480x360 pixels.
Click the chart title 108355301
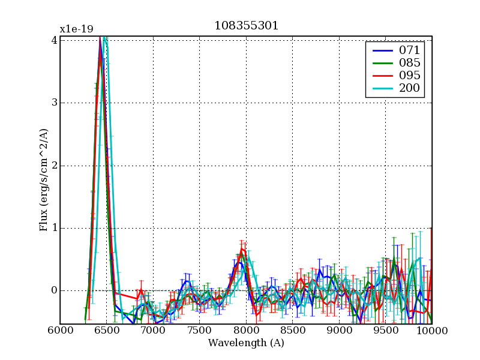[246, 26]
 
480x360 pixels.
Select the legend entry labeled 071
[409, 50]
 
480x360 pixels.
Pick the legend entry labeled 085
[409, 62]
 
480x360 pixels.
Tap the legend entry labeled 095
[409, 76]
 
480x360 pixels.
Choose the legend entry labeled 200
[409, 89]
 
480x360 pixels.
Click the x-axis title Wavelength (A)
[246, 343]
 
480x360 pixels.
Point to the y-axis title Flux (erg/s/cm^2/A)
[44, 180]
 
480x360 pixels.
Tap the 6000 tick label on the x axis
[60, 331]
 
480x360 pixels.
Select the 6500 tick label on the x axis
[106, 331]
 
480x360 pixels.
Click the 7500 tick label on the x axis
[199, 331]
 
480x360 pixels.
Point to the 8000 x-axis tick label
[246, 331]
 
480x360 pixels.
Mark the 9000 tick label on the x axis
[339, 331]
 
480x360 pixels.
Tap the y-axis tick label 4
[54, 40]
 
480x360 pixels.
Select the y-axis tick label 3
[54, 103]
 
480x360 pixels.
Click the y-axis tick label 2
[54, 166]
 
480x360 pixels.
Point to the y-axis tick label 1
[54, 228]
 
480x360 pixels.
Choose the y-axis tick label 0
[54, 290]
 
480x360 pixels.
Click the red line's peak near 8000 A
[242, 248]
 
